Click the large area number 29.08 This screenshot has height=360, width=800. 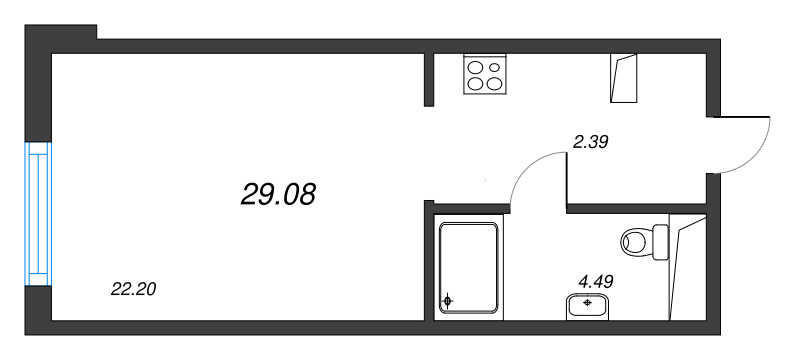pos(278,194)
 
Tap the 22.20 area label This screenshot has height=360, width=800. pos(133,290)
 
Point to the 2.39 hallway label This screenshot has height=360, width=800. pos(590,143)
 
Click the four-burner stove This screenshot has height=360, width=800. pos(485,73)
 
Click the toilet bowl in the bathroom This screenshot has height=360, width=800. pos(635,240)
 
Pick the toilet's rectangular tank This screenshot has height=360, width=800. pos(659,240)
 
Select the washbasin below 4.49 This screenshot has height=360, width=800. pos(590,304)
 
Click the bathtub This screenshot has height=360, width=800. pos(469,268)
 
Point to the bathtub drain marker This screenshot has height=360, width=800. pos(448,300)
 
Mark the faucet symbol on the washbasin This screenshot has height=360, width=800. pos(589,301)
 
